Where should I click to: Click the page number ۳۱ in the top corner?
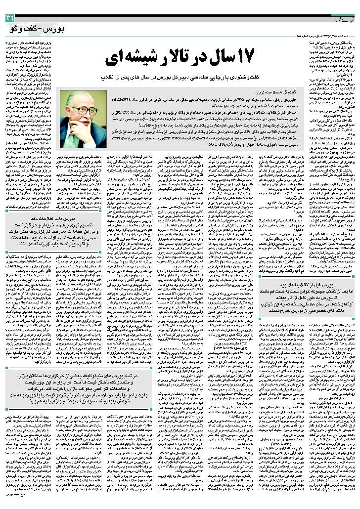(9, 18)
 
